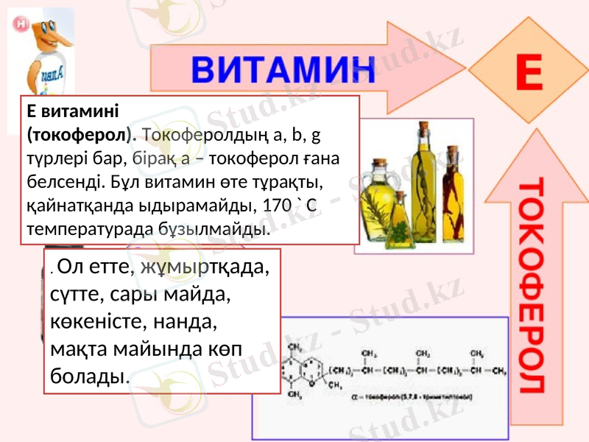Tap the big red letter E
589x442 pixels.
[x=528, y=74]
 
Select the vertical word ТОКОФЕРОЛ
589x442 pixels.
[x=533, y=284]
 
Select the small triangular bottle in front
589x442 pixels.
[x=398, y=221]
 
